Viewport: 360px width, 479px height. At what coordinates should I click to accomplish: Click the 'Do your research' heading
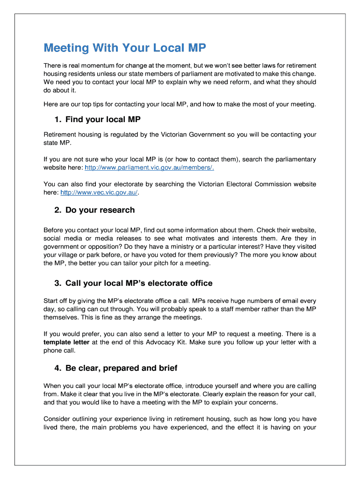(100, 210)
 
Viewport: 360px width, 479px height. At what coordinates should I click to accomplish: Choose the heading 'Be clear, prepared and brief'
(121, 368)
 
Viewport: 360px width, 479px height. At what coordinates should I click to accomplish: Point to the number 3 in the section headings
(58, 283)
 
